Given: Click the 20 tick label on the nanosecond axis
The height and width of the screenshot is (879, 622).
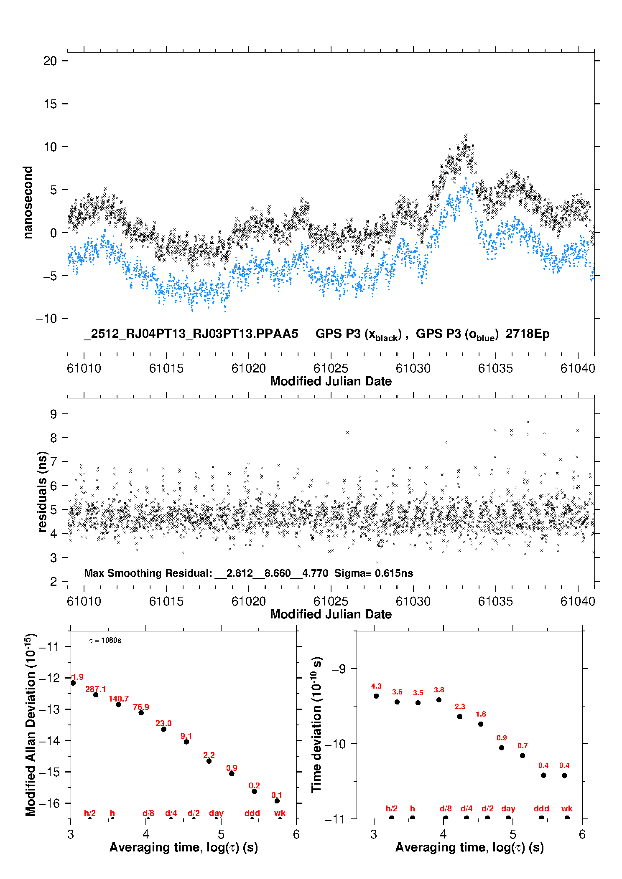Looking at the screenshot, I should (x=50, y=61).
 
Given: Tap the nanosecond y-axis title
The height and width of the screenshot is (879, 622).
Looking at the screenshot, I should (x=28, y=203).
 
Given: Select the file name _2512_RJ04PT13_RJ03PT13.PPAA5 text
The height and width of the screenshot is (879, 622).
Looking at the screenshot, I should (x=191, y=334).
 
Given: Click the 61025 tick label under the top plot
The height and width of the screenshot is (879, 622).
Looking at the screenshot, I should (x=331, y=368).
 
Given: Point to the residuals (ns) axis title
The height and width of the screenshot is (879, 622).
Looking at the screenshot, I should (x=42, y=491).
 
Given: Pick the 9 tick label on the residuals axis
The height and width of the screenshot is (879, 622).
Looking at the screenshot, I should (x=54, y=414).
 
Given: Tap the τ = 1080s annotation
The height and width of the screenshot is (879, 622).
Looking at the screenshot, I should (x=105, y=641).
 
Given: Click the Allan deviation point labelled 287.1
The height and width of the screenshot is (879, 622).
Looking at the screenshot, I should (x=96, y=695).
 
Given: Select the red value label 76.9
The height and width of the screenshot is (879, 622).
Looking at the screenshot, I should (x=141, y=707).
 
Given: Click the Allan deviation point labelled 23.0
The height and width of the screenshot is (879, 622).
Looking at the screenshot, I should (x=164, y=729).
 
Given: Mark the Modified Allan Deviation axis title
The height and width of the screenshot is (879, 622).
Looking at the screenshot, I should (x=31, y=725).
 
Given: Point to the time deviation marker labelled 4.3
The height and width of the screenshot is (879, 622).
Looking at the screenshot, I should (x=376, y=696).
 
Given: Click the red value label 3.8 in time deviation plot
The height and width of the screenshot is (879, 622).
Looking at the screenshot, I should (x=439, y=690).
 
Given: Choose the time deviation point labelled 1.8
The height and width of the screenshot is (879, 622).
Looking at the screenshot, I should (x=481, y=724).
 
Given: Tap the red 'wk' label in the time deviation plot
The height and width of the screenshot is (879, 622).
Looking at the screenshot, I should (x=567, y=808).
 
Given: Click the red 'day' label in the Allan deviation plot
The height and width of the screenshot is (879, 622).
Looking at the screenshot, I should (x=216, y=813).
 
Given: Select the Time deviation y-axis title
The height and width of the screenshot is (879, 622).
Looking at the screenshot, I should (x=317, y=725).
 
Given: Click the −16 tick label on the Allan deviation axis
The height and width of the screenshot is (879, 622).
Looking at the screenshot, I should (x=50, y=803).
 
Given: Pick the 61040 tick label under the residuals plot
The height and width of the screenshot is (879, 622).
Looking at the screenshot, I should (x=578, y=601).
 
